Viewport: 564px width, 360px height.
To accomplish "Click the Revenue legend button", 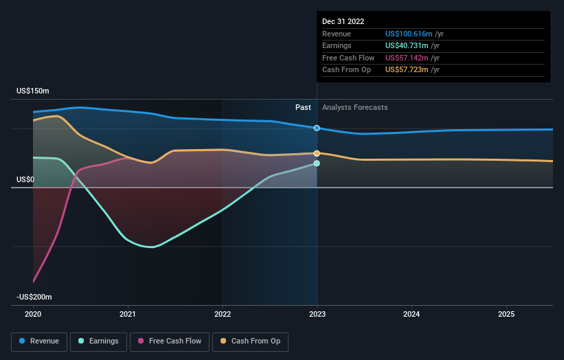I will pyautogui.click(x=40, y=341).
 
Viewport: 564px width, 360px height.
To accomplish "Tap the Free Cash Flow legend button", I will pyautogui.click(x=170, y=341).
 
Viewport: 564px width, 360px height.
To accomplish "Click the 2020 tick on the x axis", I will pyautogui.click(x=33, y=314).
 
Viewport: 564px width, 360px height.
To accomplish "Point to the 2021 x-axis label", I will pyautogui.click(x=128, y=314).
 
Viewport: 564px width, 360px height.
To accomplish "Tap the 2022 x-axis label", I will pyautogui.click(x=223, y=314).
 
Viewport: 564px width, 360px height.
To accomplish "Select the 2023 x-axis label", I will pyautogui.click(x=317, y=314).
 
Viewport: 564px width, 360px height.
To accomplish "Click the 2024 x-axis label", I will pyautogui.click(x=411, y=314).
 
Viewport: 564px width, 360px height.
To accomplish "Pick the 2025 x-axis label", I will pyautogui.click(x=506, y=314).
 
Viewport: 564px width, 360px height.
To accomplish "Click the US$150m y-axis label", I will pyautogui.click(x=33, y=91).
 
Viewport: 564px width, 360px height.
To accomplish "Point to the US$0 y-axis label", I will pyautogui.click(x=25, y=180).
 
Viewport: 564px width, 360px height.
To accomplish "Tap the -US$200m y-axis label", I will pyautogui.click(x=34, y=297).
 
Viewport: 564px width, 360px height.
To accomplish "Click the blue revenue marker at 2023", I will pyautogui.click(x=317, y=128).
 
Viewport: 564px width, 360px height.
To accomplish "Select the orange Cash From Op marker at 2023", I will pyautogui.click(x=317, y=153).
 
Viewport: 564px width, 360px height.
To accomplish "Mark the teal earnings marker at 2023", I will pyautogui.click(x=317, y=164).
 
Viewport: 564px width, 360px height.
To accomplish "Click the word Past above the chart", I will pyautogui.click(x=303, y=107).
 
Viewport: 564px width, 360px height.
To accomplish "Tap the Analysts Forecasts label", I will pyautogui.click(x=354, y=107).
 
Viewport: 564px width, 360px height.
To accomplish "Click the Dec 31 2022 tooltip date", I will pyautogui.click(x=343, y=21).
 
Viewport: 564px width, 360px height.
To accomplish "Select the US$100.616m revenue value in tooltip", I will pyautogui.click(x=409, y=34).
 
